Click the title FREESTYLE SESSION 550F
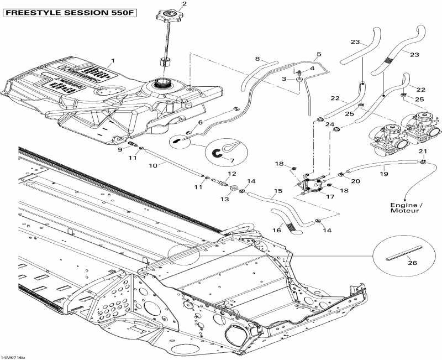click(x=69, y=13)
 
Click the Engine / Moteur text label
click(x=405, y=207)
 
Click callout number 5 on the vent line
click(x=318, y=54)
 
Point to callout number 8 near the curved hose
click(x=257, y=59)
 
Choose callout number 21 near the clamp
click(x=423, y=151)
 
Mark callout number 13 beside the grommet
click(x=225, y=199)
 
